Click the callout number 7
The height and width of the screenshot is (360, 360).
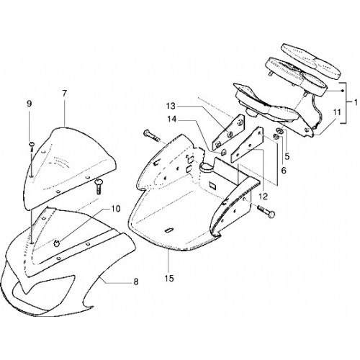click(x=64, y=94)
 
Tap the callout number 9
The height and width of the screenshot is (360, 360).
click(x=29, y=104)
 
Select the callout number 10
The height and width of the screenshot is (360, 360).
click(x=115, y=209)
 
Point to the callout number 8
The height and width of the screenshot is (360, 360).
click(x=136, y=282)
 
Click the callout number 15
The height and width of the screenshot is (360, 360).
click(x=169, y=279)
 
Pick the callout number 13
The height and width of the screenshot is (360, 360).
click(x=171, y=106)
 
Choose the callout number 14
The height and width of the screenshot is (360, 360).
click(x=171, y=119)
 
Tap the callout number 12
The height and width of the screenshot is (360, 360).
click(x=263, y=197)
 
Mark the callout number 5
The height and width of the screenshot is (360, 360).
click(x=287, y=156)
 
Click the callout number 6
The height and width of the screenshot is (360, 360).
click(x=284, y=170)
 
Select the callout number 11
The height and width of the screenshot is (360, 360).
click(x=337, y=112)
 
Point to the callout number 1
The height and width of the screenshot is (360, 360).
click(x=356, y=102)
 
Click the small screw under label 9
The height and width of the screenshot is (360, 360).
click(x=32, y=147)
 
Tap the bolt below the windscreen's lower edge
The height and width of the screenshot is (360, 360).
click(x=98, y=186)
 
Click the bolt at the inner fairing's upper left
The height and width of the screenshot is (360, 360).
click(x=151, y=136)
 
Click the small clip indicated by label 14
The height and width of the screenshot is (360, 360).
click(x=223, y=152)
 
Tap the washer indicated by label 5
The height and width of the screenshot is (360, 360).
click(x=279, y=130)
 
